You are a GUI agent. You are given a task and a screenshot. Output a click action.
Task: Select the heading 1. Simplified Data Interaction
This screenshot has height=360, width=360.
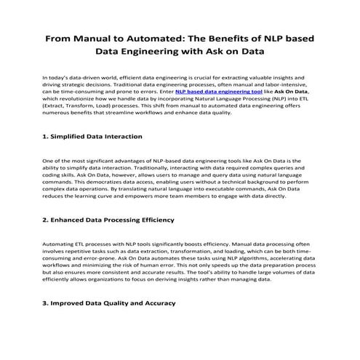(x=92, y=136)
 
